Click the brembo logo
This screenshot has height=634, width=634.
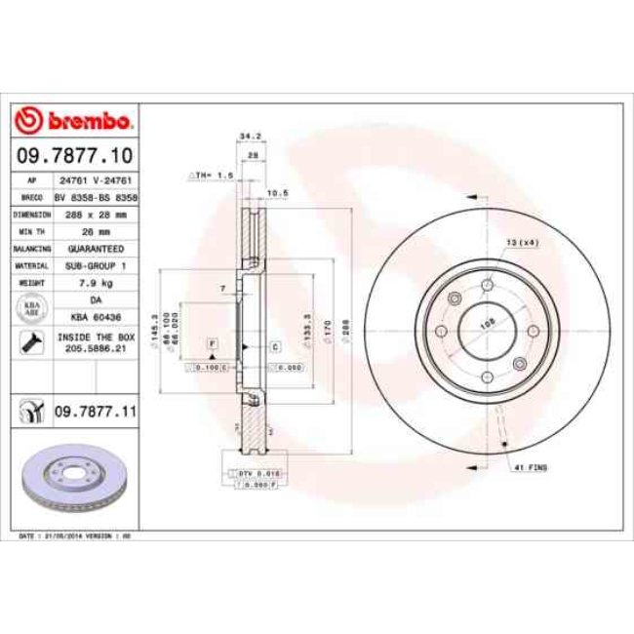click(x=75, y=120)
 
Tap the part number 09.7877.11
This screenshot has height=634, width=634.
click(x=95, y=414)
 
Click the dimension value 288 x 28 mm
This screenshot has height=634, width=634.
click(x=95, y=214)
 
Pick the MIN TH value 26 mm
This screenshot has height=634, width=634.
click(x=95, y=231)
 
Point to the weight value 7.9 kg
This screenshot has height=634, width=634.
click(x=95, y=283)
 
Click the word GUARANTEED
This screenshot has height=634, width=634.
click(x=95, y=249)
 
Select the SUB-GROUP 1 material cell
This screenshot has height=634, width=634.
click(x=95, y=265)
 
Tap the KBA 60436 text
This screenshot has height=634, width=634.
click(x=95, y=317)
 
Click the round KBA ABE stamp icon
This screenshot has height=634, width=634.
click(x=29, y=308)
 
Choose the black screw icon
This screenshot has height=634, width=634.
click(x=29, y=342)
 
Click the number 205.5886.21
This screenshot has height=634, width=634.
click(x=95, y=348)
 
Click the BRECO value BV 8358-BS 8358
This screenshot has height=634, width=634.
click(x=95, y=196)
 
